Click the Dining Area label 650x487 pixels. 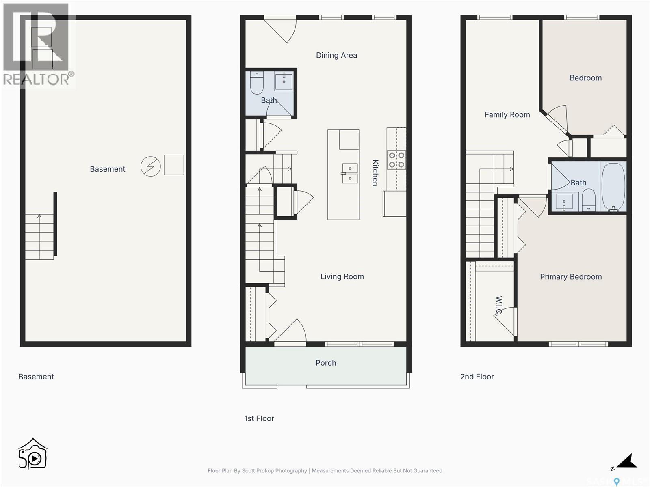click(336, 55)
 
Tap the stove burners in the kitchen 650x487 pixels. click(396, 159)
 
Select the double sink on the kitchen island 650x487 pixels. click(350, 173)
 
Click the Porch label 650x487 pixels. click(326, 363)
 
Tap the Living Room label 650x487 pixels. click(342, 276)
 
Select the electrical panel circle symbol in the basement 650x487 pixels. click(151, 166)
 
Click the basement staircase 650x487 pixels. click(39, 237)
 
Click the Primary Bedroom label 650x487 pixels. click(571, 277)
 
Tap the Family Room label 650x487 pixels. click(507, 115)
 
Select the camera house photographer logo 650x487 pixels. click(33, 454)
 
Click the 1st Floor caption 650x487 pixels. click(259, 418)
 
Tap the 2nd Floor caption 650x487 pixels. click(477, 377)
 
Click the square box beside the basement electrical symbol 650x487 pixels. click(174, 165)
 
